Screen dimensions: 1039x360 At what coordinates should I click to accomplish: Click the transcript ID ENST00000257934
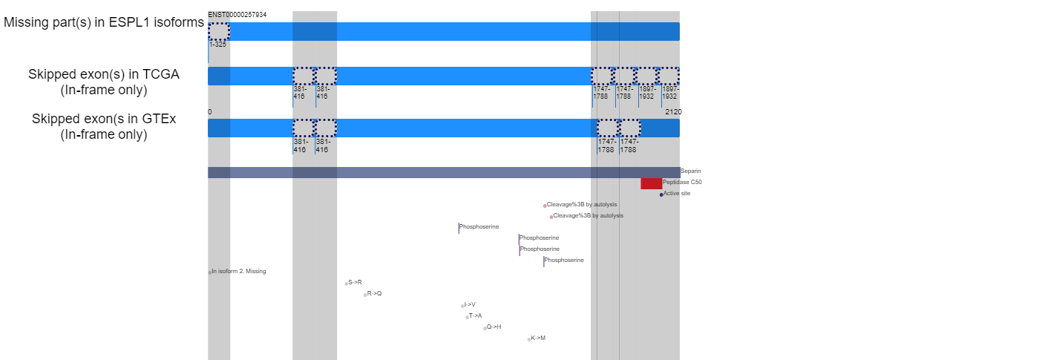click(237, 15)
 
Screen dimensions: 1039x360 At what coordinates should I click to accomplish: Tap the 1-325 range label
click(217, 45)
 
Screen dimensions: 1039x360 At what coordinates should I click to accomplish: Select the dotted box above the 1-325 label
click(219, 31)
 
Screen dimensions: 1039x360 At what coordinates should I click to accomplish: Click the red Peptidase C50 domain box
click(652, 183)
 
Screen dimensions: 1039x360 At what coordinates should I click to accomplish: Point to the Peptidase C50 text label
click(682, 183)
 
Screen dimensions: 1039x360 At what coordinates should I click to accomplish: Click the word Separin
click(691, 171)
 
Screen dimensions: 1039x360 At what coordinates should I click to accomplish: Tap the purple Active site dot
click(661, 194)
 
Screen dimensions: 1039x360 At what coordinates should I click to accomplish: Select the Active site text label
click(677, 194)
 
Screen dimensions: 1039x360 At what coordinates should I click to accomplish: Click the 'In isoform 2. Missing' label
click(239, 272)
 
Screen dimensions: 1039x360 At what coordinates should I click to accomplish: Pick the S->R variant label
click(355, 283)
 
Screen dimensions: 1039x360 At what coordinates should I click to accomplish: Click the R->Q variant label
click(374, 294)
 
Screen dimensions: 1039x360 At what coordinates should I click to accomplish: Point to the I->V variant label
click(470, 305)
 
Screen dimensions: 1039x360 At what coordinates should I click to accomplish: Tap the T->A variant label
click(476, 316)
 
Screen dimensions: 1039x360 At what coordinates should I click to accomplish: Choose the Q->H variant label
click(494, 327)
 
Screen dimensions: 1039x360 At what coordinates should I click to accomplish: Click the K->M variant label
click(538, 338)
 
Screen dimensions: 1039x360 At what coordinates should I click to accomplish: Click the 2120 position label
click(674, 112)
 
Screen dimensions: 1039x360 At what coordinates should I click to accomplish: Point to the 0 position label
click(209, 112)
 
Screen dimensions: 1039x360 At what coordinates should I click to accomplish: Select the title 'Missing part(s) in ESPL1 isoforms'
click(104, 22)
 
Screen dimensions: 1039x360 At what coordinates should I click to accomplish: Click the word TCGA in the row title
click(161, 74)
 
